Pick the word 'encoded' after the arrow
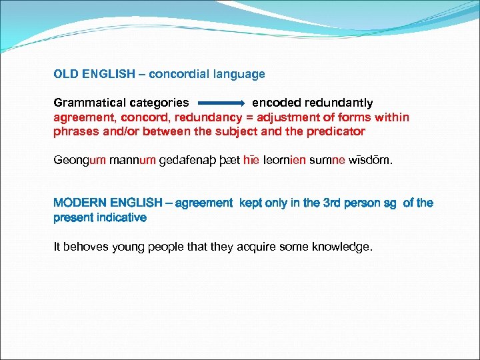(276, 103)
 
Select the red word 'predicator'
(335, 131)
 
